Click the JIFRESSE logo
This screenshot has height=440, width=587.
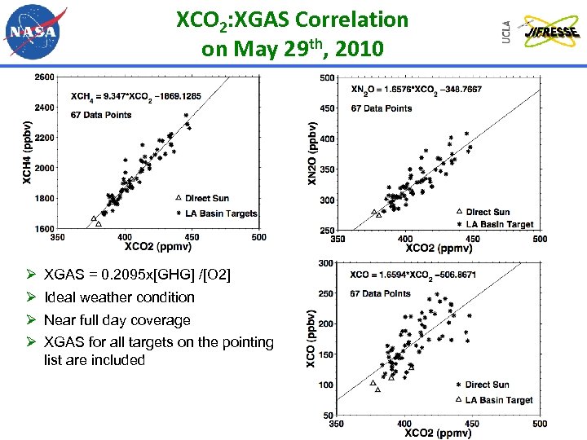coord(551,33)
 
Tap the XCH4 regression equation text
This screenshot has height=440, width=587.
coord(136,96)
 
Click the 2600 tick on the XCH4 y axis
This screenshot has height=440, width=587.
coord(45,77)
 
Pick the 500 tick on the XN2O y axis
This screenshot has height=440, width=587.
coord(326,78)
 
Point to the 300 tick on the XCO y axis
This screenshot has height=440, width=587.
coord(326,263)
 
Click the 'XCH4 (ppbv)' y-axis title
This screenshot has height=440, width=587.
coord(27,152)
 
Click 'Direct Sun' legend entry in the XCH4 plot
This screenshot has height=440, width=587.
coord(210,198)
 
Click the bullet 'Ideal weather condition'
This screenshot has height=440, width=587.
coord(119,297)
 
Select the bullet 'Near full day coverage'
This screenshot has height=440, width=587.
coord(117,320)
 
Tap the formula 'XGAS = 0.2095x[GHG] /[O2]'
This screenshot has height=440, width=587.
coord(137,275)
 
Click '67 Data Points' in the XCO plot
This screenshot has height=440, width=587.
coord(380,293)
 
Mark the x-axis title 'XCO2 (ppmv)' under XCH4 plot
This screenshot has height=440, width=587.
coord(159,246)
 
